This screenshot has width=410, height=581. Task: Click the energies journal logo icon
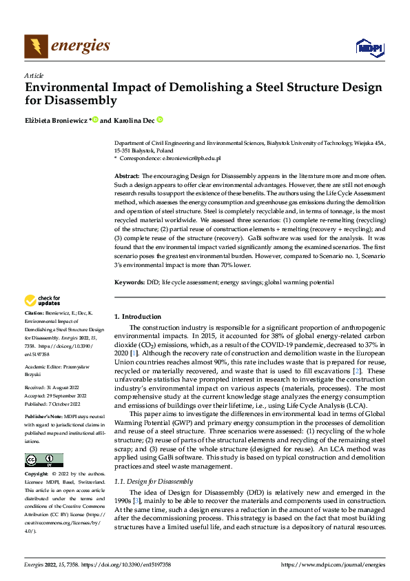[x=36, y=46]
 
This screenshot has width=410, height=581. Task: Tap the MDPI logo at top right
[x=369, y=46]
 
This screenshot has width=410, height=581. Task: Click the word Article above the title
[x=34, y=75]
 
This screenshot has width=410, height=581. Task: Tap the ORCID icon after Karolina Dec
[x=159, y=119]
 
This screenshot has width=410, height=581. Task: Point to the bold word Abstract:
[x=127, y=177]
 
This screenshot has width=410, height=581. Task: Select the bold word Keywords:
[x=129, y=282]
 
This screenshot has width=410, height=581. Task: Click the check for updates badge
[x=42, y=300]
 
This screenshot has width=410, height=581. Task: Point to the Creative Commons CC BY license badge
[x=43, y=460]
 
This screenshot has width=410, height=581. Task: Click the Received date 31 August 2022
[x=55, y=388]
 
